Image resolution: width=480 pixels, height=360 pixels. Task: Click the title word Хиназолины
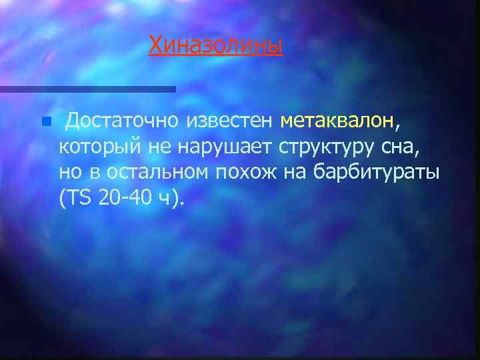coord(216,45)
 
